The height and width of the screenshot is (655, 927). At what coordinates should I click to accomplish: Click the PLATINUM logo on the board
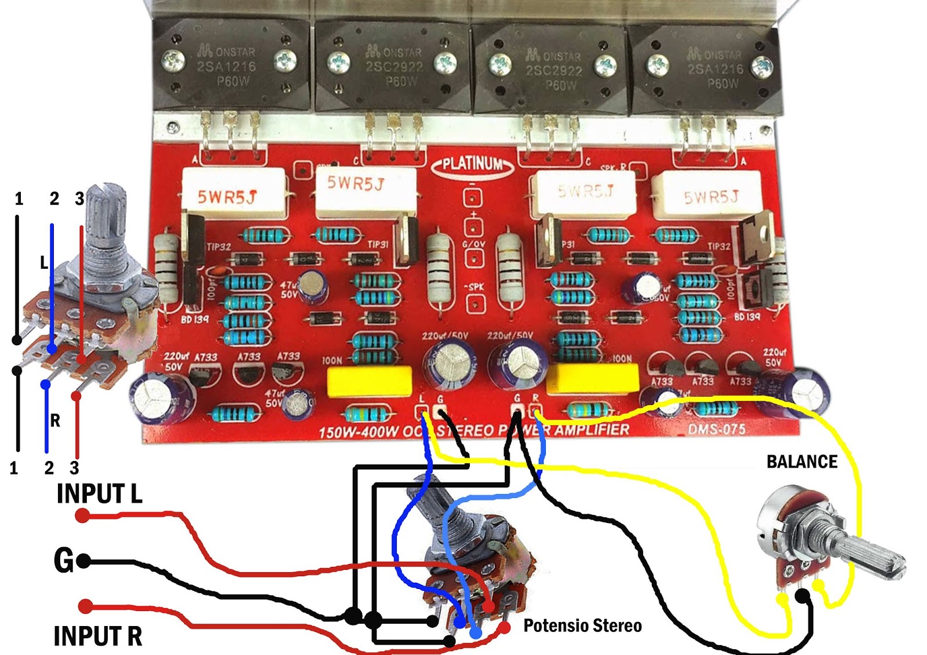pyautogui.click(x=472, y=164)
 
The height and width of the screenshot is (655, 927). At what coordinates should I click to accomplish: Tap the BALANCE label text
pyautogui.click(x=802, y=462)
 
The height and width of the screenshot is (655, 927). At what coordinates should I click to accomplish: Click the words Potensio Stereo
pyautogui.click(x=582, y=625)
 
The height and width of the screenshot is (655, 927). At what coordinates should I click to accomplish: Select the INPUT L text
pyautogui.click(x=99, y=494)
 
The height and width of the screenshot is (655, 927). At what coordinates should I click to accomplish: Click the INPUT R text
pyautogui.click(x=97, y=636)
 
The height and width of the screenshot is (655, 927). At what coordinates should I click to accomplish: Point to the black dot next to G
pyautogui.click(x=83, y=561)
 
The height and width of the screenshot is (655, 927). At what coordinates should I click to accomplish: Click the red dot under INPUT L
pyautogui.click(x=82, y=515)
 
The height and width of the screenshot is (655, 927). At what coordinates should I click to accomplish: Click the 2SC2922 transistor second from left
pyautogui.click(x=393, y=67)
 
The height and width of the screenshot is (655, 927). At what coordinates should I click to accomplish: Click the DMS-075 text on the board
pyautogui.click(x=717, y=429)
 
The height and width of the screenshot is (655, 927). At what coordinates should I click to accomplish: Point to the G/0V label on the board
pyautogui.click(x=473, y=244)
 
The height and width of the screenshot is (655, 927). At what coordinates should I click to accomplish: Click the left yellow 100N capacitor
pyautogui.click(x=369, y=381)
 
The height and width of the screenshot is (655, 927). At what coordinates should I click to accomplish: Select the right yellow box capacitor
pyautogui.click(x=592, y=378)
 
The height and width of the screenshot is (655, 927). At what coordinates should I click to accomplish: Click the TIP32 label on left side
pyautogui.click(x=219, y=247)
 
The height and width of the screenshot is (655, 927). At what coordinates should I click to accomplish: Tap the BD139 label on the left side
pyautogui.click(x=194, y=319)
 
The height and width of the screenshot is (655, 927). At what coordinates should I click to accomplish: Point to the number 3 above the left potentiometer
pyautogui.click(x=79, y=199)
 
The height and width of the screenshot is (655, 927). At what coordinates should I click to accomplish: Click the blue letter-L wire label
pyautogui.click(x=43, y=263)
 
